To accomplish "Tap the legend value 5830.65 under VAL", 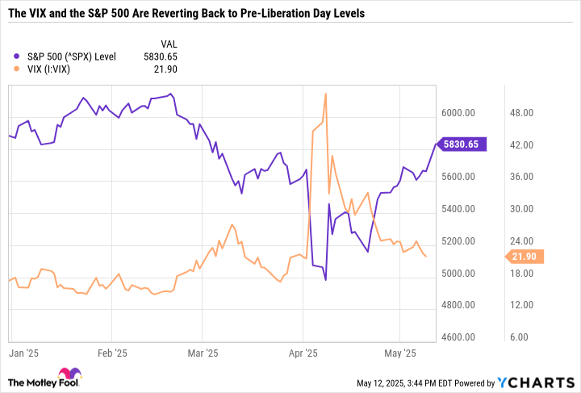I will tap(161, 56).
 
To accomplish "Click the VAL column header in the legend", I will tap(167, 42).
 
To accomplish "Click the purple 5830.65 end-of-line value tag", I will tap(460, 144).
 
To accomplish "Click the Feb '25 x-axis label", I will tap(112, 353).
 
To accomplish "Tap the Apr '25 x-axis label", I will tap(303, 353).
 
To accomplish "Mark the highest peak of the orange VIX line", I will tap(325, 94).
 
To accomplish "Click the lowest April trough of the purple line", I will tap(325, 280).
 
